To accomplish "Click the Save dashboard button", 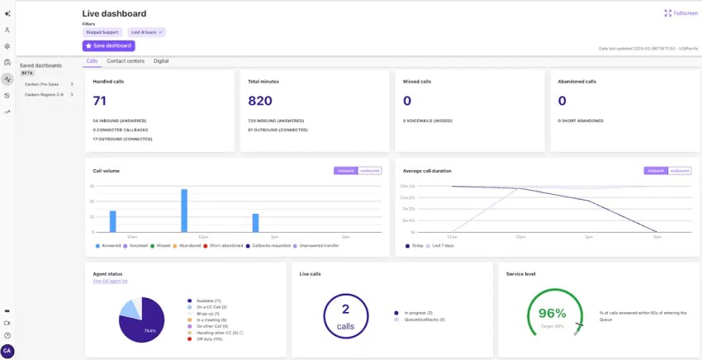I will (108, 45).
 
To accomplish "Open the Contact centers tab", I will (126, 61).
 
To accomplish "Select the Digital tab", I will (161, 61).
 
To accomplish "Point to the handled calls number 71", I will (100, 101).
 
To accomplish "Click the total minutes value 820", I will (260, 101).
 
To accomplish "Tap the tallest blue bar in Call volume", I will (184, 211).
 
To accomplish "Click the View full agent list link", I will (111, 282).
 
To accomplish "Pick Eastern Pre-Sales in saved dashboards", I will (42, 84).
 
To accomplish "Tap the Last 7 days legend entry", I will (445, 246).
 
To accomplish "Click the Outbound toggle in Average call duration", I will (680, 171).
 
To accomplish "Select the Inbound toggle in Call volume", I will (345, 171).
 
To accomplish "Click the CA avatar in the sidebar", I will (7, 351).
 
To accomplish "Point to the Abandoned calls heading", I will (576, 82).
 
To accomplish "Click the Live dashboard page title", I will (114, 14).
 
